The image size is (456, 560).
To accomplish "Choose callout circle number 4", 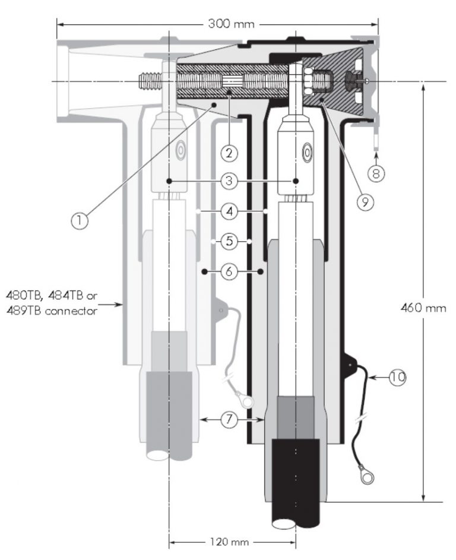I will (232, 211).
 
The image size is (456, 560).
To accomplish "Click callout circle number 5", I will (232, 242).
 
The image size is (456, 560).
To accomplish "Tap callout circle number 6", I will (232, 272).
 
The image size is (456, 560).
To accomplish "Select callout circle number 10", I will (398, 377).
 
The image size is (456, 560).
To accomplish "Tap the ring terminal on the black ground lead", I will (362, 475).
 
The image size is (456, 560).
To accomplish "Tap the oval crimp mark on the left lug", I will (179, 150).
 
